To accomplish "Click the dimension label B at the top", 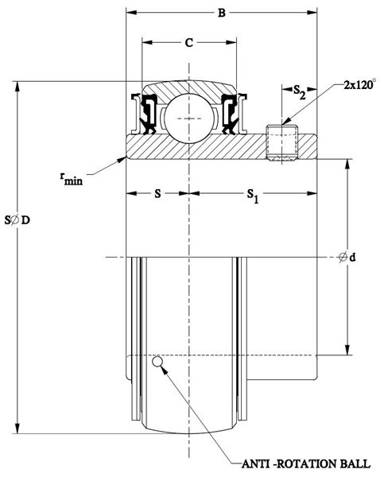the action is coord(222,13).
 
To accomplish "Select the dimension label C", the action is coord(189,43).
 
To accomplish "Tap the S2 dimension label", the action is coord(299,92).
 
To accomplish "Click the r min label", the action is coord(72,179).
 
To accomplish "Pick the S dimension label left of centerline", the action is coord(157,193).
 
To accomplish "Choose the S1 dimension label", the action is coord(253,195).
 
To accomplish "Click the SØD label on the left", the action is coord(17,219).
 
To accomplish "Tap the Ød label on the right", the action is coord(347,258).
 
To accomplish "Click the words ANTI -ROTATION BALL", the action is coord(306,464).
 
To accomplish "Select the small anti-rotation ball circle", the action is coord(157,362).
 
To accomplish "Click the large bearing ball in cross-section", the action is coord(189,118).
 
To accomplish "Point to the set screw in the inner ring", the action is coord(282,142).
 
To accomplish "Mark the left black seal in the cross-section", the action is coord(148,114).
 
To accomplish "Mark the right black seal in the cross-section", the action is coord(230,114).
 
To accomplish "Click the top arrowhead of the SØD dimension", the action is coord(17,87).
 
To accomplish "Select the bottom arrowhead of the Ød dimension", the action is coord(347,350).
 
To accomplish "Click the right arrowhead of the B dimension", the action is coord(312,13).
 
